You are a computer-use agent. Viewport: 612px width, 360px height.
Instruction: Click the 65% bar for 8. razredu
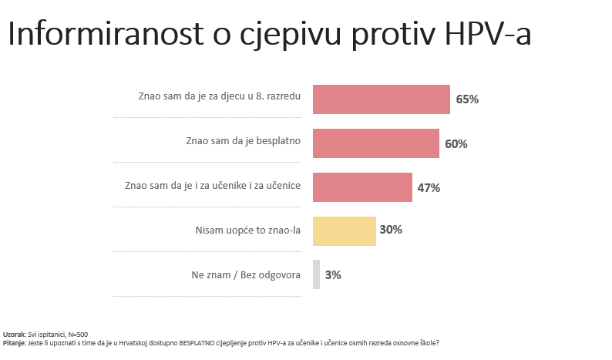(381, 99)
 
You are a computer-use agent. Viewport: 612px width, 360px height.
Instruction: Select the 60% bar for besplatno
(375, 143)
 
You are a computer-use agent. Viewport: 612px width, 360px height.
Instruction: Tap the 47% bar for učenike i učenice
(362, 187)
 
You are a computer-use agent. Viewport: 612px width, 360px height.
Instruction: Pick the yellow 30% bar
(344, 230)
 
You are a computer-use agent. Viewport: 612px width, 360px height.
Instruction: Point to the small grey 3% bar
(316, 274)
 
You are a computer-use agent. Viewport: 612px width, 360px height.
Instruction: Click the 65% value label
(467, 99)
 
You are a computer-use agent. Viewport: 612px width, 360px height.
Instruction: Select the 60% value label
(456, 143)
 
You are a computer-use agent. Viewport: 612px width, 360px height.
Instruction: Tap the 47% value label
(429, 187)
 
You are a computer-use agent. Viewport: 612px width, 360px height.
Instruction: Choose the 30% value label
(391, 230)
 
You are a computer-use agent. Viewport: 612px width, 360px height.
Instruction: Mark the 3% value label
(333, 274)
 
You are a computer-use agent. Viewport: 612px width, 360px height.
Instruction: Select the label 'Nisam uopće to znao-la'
(248, 230)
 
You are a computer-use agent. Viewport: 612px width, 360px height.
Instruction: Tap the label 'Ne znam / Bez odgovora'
(246, 274)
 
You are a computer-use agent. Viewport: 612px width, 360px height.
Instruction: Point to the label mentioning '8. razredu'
(219, 97)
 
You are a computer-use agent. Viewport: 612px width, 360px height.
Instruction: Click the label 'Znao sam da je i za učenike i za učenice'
(212, 186)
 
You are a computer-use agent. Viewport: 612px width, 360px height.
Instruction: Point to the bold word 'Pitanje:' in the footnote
(15, 341)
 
